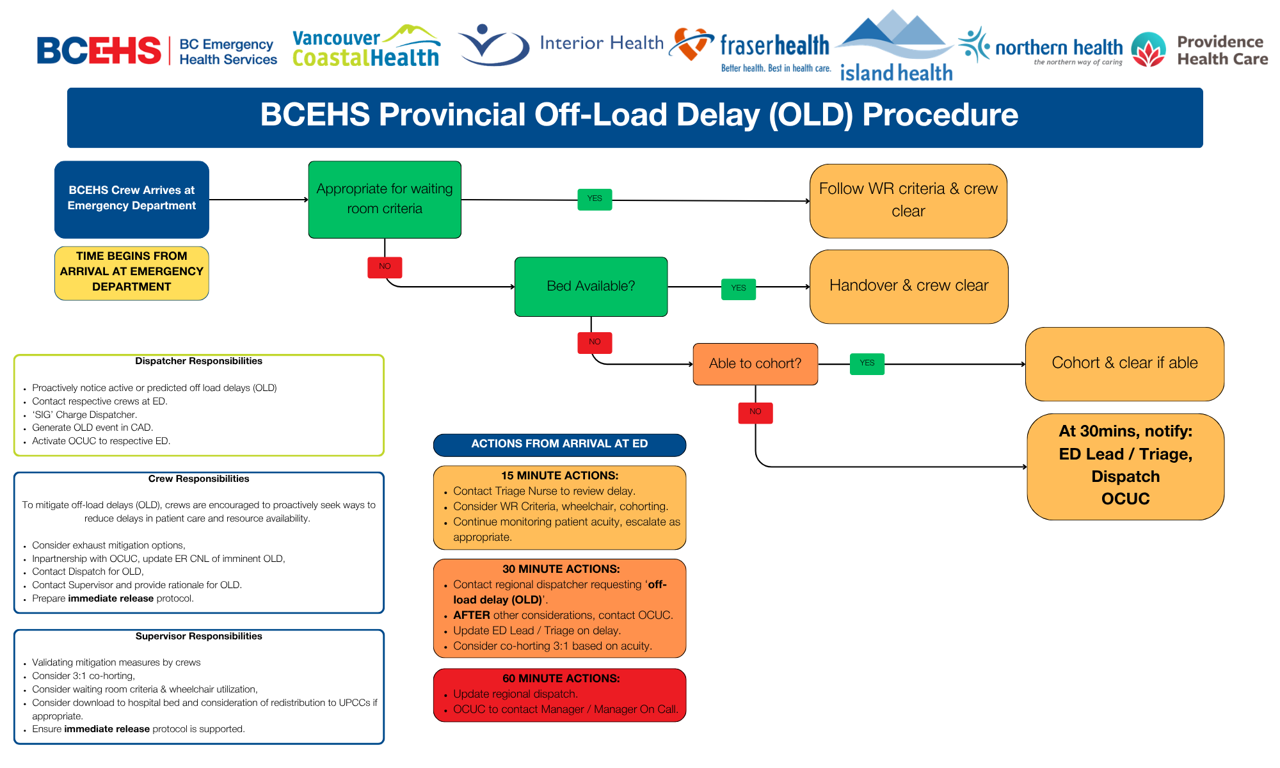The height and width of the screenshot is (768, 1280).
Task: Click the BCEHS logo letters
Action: (x=99, y=51)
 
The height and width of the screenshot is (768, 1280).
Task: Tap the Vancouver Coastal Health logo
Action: (x=365, y=47)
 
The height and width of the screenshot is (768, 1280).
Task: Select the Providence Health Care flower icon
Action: (x=1149, y=50)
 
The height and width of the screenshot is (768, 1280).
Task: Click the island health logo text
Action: (x=896, y=72)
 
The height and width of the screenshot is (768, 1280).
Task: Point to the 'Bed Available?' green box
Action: (x=591, y=286)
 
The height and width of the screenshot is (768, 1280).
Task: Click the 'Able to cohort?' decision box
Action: (x=755, y=364)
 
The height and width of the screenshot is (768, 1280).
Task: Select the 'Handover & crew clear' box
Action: (x=909, y=286)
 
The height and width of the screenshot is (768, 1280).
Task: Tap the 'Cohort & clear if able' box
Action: (x=1124, y=364)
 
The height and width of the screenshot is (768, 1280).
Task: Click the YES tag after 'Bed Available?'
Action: (x=739, y=289)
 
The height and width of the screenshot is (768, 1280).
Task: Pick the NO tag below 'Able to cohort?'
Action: (x=755, y=412)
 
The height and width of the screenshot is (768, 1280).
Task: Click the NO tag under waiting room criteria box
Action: (x=385, y=267)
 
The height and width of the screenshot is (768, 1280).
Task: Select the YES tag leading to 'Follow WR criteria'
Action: (x=595, y=199)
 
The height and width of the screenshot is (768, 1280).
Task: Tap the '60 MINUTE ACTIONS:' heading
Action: (x=561, y=678)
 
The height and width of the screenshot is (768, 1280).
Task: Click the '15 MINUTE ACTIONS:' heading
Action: (x=559, y=476)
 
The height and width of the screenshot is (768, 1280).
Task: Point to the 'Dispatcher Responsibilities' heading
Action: (x=198, y=361)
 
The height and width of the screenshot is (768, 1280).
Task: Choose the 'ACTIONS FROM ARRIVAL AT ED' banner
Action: (x=559, y=444)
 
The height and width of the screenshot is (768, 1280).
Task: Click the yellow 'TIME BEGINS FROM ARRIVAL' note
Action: (x=132, y=272)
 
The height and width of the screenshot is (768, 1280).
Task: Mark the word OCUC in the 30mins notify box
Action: (x=1125, y=499)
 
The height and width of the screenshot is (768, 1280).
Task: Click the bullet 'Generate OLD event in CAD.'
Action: (x=93, y=428)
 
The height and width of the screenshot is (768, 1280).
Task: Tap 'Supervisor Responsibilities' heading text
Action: (x=198, y=636)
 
